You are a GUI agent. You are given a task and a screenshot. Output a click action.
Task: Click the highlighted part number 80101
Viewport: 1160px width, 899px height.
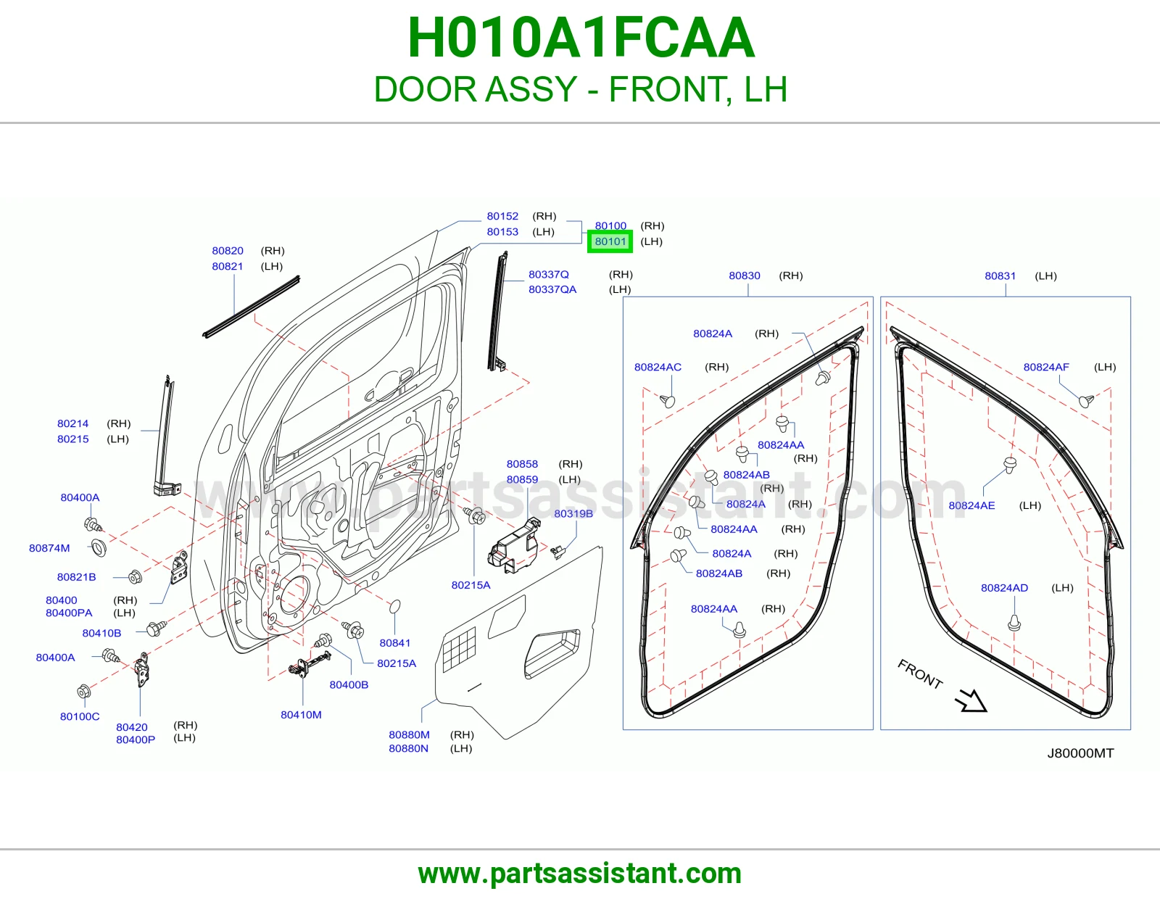pyautogui.click(x=610, y=242)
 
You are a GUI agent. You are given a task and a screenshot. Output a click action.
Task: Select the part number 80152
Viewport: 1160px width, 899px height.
pyautogui.click(x=502, y=216)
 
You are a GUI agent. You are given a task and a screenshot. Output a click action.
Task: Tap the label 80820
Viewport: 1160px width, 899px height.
pyautogui.click(x=228, y=251)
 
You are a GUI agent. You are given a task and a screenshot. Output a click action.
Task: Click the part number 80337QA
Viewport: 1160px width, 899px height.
pyautogui.click(x=552, y=289)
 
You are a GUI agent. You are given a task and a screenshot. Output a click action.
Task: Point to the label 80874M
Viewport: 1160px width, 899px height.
pyautogui.click(x=49, y=548)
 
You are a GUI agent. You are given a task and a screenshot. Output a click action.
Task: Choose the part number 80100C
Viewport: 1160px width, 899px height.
pyautogui.click(x=80, y=716)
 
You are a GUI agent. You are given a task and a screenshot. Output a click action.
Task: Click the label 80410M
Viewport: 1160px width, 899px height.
pyautogui.click(x=301, y=715)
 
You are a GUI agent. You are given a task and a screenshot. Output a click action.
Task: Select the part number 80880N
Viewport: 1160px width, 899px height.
pyautogui.click(x=408, y=748)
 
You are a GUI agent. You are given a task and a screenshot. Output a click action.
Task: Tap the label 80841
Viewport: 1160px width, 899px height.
pyautogui.click(x=395, y=643)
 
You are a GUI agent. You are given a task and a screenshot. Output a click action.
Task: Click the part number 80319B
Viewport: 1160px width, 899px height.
pyautogui.click(x=573, y=513)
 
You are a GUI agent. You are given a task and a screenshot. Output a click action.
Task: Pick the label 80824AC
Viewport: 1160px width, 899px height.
pyautogui.click(x=658, y=368)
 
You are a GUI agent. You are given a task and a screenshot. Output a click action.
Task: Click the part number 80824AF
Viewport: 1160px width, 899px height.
pyautogui.click(x=1046, y=368)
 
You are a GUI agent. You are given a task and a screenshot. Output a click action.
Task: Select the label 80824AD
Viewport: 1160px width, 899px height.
pyautogui.click(x=1004, y=588)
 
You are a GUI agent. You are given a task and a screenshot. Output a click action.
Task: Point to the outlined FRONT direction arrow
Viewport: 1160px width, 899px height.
pyautogui.click(x=971, y=702)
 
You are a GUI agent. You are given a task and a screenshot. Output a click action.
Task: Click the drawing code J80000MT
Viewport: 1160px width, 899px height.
pyautogui.click(x=1080, y=753)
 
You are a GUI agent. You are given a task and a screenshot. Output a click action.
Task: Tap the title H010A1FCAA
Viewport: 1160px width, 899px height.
pyautogui.click(x=581, y=38)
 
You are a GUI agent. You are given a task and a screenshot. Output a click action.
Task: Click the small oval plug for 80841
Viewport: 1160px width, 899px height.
pyautogui.click(x=395, y=606)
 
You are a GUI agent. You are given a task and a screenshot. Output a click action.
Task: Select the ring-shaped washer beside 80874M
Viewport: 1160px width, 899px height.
pyautogui.click(x=99, y=548)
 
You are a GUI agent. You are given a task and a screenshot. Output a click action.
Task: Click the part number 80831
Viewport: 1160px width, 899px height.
pyautogui.click(x=1000, y=276)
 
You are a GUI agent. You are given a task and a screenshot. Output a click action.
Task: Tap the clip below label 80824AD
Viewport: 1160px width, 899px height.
pyautogui.click(x=1014, y=623)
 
